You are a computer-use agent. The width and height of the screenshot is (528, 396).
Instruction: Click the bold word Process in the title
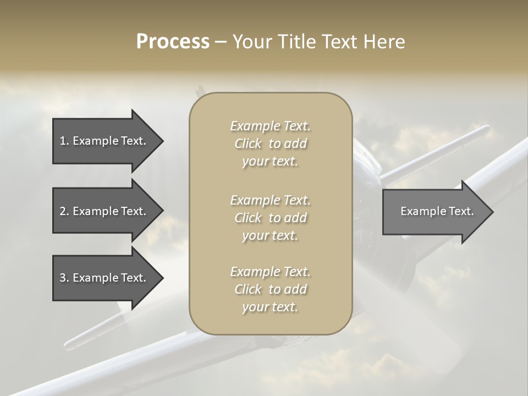pyautogui.click(x=173, y=42)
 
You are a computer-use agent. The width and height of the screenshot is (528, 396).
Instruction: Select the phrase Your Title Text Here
pyautogui.click(x=319, y=42)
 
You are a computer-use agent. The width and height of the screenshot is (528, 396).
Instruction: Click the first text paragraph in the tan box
pyautogui.click(x=271, y=144)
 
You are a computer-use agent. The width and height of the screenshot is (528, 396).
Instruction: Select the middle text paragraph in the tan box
pyautogui.click(x=271, y=217)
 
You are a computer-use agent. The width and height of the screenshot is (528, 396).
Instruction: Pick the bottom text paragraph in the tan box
pyautogui.click(x=271, y=289)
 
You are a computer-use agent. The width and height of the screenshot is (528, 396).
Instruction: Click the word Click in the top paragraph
pyautogui.click(x=248, y=144)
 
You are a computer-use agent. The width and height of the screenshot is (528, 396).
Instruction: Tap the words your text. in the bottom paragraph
pyautogui.click(x=270, y=307)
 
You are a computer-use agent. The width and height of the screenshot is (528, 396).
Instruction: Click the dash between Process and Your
pyautogui.click(x=221, y=42)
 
